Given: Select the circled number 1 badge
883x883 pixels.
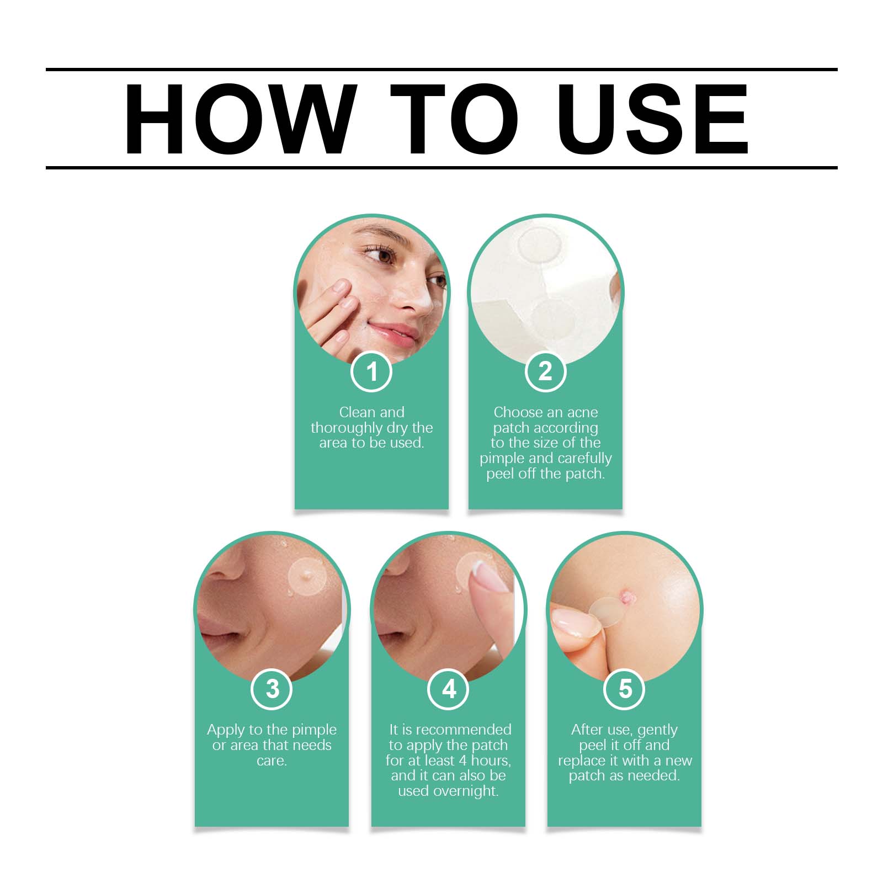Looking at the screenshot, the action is [371, 371].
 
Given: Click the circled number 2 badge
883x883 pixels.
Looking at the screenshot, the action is [545, 371].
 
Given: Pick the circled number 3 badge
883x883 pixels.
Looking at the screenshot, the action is [272, 689].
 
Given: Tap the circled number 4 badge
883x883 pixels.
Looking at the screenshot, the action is [449, 689].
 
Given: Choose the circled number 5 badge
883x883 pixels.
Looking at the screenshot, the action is [625, 689].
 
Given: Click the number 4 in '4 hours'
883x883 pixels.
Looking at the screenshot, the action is [463, 760].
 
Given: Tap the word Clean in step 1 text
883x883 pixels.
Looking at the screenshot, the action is [357, 412].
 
